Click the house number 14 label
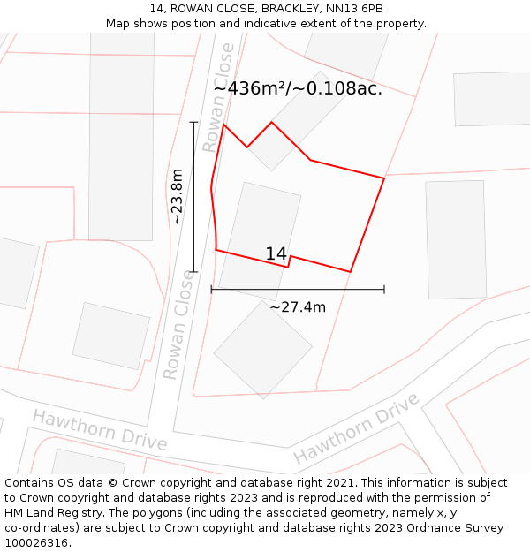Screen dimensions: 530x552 coord(276,254)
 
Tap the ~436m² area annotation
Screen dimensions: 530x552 coord(298,88)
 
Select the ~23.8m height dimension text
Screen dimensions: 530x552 coord(178,196)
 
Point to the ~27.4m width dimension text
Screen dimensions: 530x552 coord(298,307)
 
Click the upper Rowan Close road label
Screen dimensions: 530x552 coord(219,97)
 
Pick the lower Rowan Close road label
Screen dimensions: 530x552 coord(178,324)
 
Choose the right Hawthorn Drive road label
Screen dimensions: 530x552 coord(356,428)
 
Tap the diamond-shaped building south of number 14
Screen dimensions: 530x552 coord(262,350)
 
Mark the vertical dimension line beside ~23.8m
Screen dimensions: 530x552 coord(194,196)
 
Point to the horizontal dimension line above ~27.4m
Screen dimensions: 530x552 coord(298,289)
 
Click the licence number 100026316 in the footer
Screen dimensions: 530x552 coord(36,543)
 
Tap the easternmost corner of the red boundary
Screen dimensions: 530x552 coord(384,178)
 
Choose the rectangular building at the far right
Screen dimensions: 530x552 coord(456,239)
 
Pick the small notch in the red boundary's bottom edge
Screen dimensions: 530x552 coord(290,261)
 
